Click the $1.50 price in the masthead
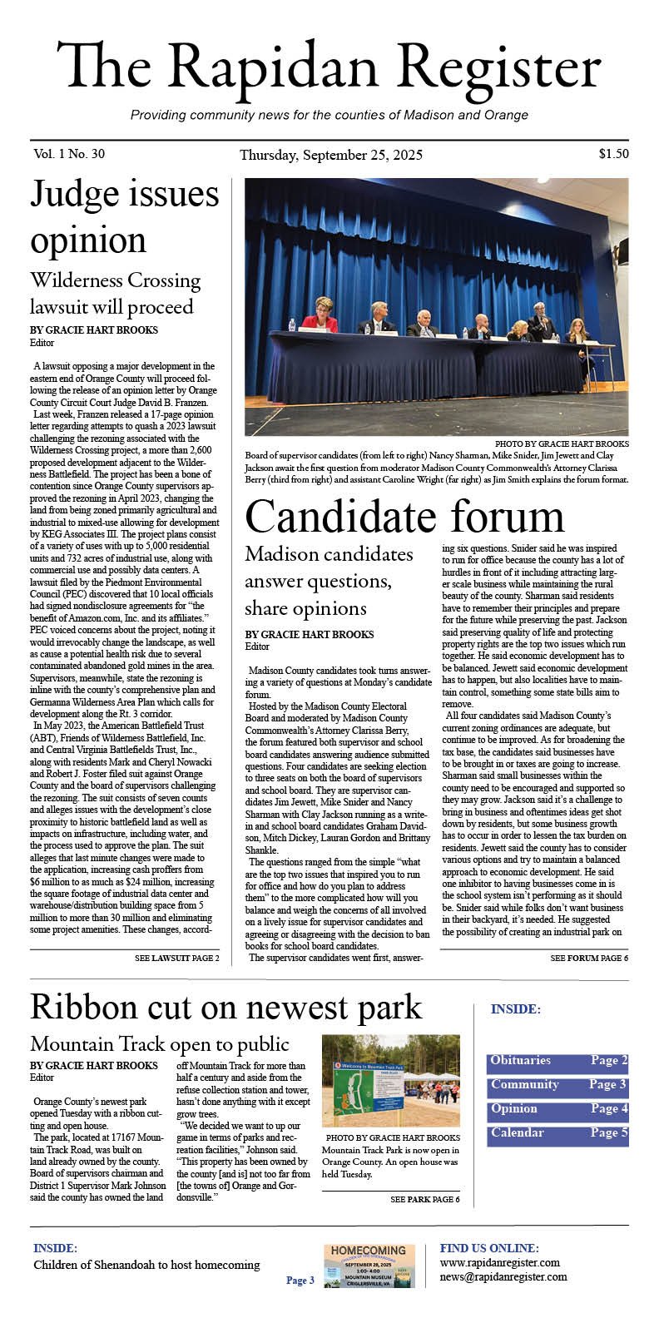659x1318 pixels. [613, 153]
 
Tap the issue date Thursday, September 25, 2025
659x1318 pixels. [330, 155]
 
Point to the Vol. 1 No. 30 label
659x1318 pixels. [70, 154]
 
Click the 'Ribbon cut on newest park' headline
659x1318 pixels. [225, 1007]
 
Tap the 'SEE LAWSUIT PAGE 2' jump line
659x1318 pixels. [176, 959]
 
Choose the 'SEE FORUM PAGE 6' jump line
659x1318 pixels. [589, 959]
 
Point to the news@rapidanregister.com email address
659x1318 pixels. [503, 1276]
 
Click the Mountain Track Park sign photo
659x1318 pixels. [390, 1080]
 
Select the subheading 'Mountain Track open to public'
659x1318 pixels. [159, 1043]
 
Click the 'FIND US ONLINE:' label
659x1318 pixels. [488, 1248]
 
